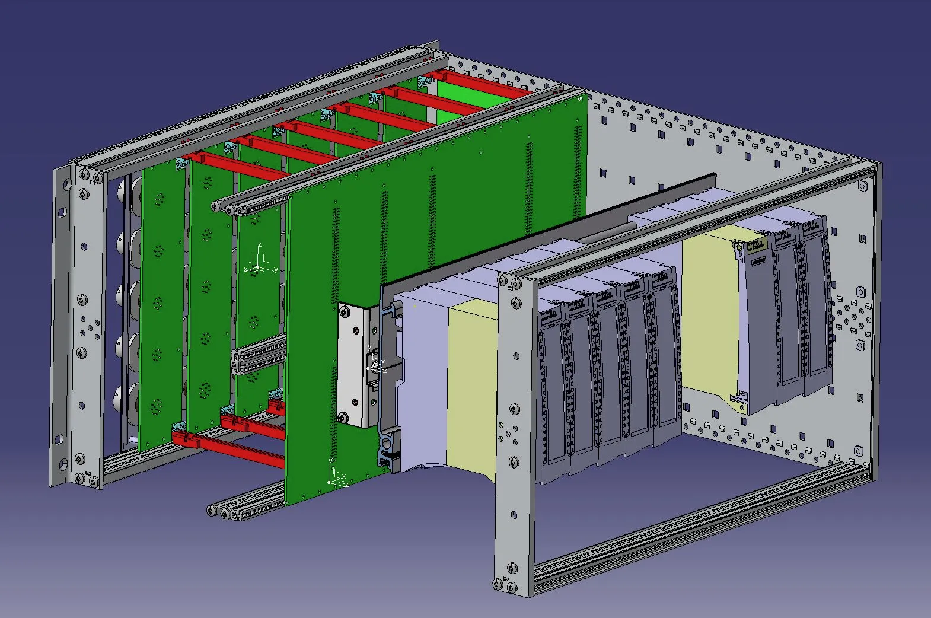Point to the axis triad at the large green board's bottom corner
pos(336,474)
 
